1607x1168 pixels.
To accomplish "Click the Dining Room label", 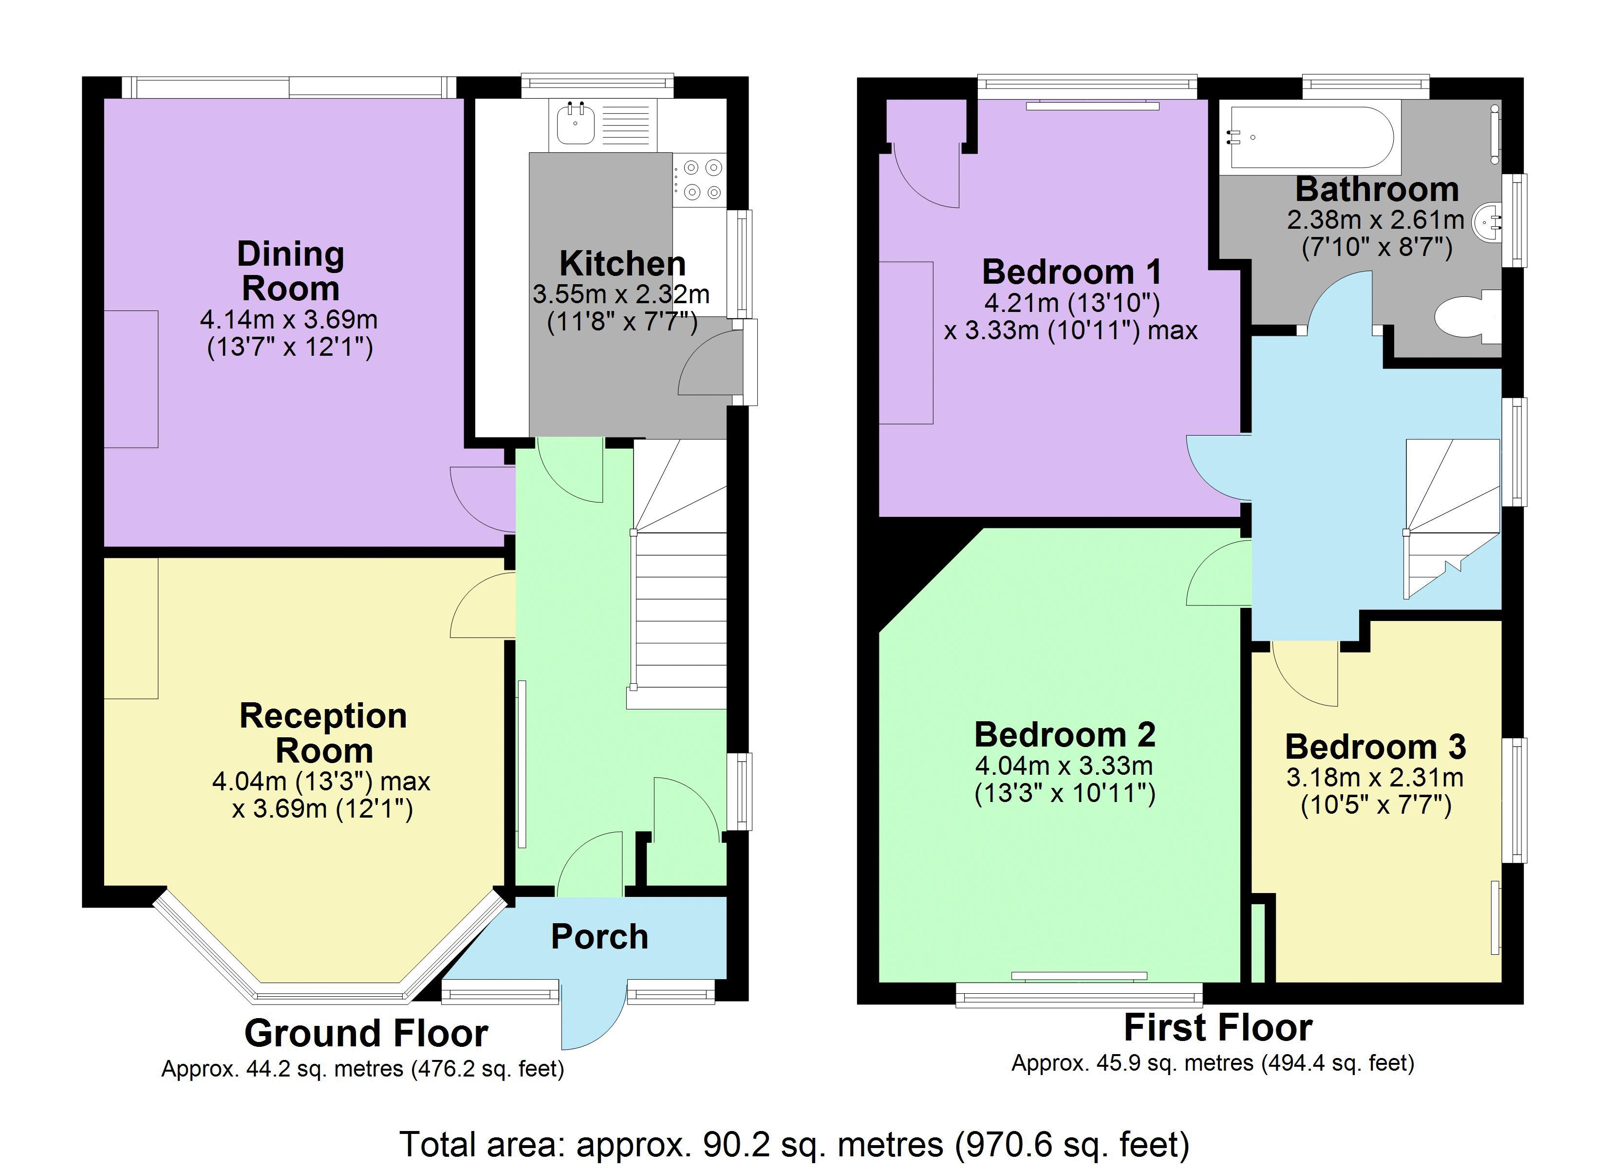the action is pos(291,271).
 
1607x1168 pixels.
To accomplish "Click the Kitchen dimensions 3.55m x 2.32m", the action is pos(621,293).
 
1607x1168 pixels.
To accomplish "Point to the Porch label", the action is pos(599,937).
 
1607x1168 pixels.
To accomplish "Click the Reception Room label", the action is pos(323,733).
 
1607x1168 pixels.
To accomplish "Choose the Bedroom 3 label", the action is pos(1375,747).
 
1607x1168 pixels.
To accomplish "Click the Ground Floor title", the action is pos(366,1033).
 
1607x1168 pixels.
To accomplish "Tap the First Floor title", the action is pos(1218,1028).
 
